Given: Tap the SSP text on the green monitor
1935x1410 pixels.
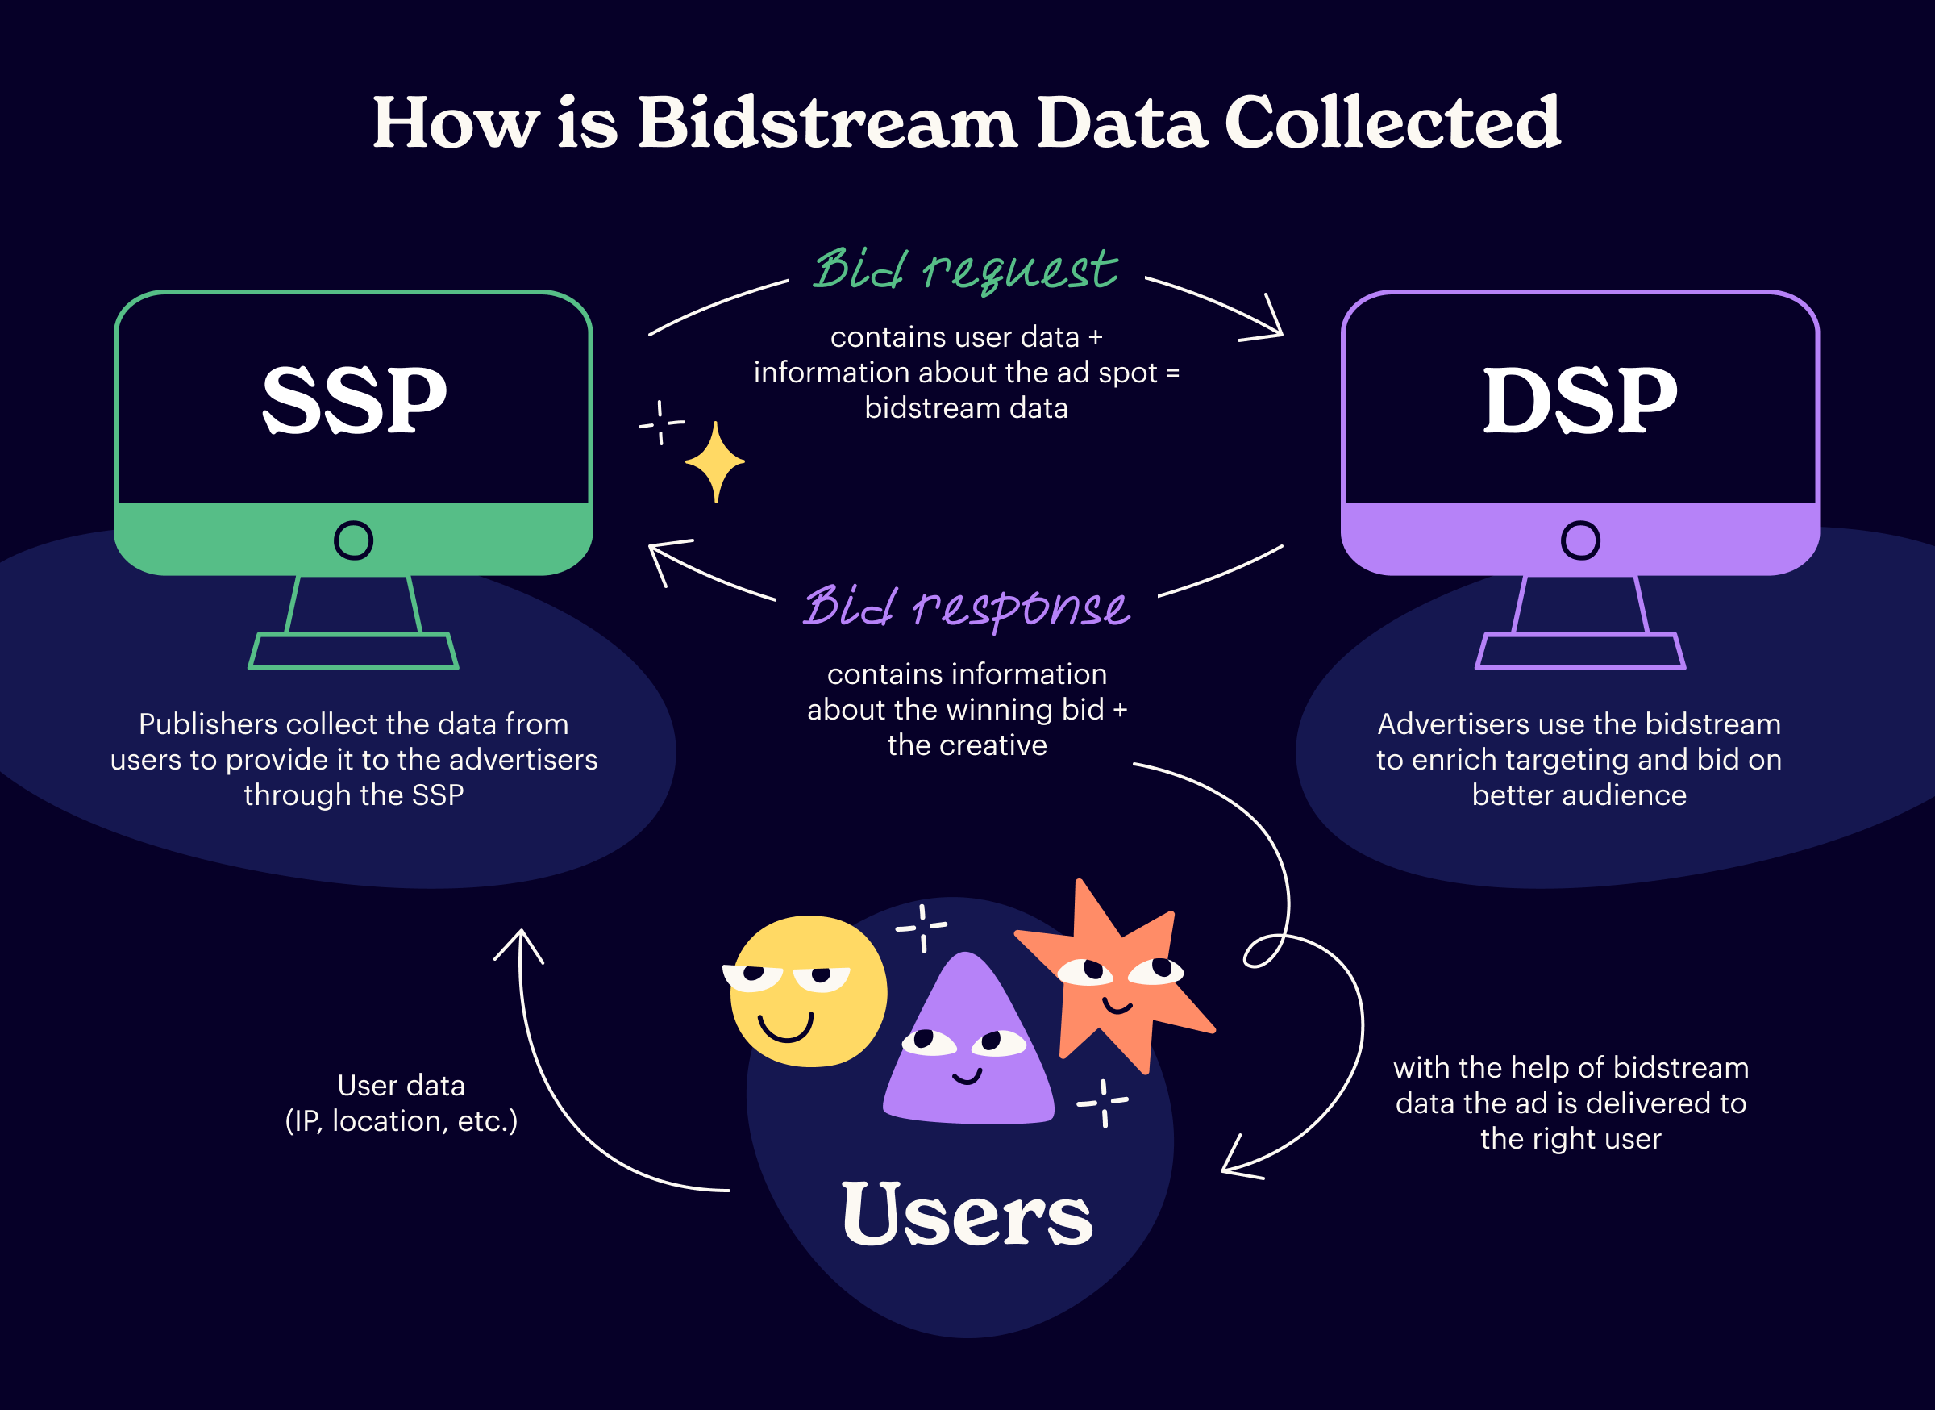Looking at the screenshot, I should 354,399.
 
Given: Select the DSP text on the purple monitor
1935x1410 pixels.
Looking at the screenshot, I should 1580,399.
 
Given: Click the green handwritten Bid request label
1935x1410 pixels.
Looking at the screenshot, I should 965,269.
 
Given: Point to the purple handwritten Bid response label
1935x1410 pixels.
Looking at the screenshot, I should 967,606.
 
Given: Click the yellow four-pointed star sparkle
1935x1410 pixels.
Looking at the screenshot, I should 715,461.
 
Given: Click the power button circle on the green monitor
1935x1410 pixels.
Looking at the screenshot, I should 353,540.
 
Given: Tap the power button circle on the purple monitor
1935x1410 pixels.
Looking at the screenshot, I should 1580,540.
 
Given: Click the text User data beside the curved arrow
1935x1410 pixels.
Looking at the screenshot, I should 401,1085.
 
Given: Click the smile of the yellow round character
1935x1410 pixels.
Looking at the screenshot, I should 786,1027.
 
